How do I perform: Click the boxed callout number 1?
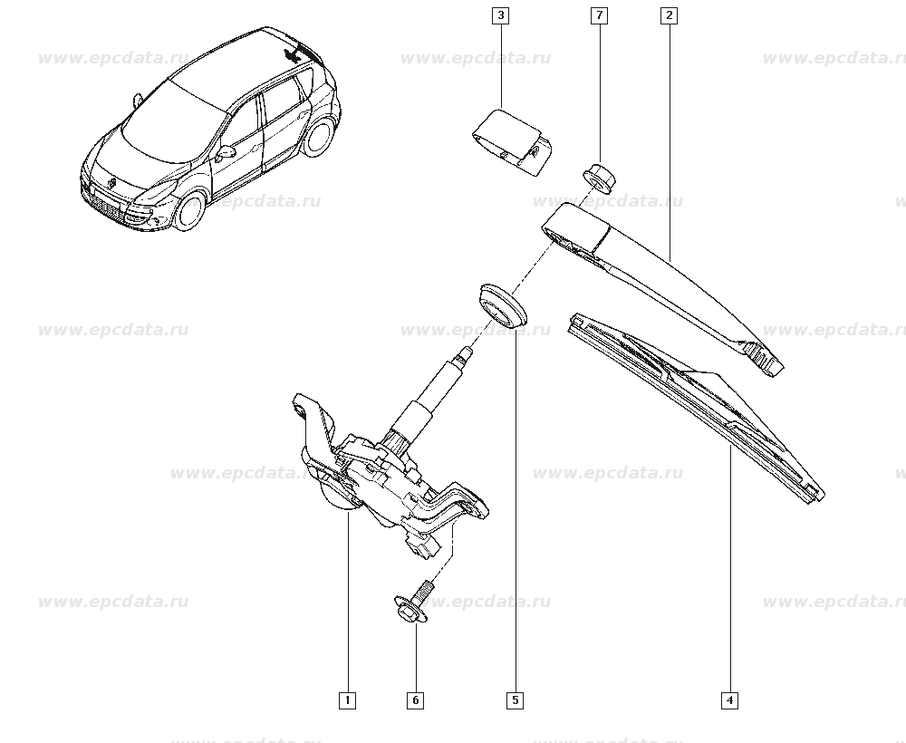(x=348, y=700)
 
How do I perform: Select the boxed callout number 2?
(x=670, y=15)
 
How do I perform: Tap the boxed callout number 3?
(x=500, y=15)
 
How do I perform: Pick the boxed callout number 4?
(x=729, y=700)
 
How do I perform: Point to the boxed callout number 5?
(x=515, y=700)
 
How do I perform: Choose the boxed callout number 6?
(x=416, y=700)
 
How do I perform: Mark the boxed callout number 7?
(x=599, y=15)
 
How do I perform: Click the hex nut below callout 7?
(x=599, y=176)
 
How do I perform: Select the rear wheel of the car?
(x=320, y=137)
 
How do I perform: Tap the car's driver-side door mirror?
(x=226, y=153)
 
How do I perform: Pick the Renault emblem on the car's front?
(x=111, y=182)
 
